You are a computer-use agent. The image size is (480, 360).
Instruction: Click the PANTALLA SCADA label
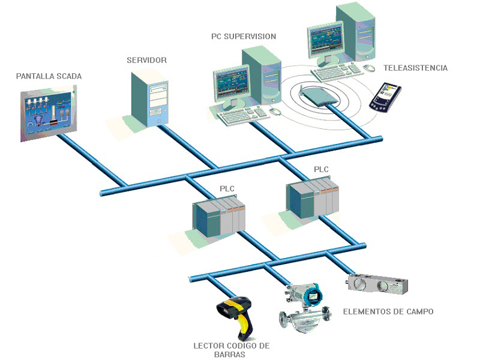click(49, 76)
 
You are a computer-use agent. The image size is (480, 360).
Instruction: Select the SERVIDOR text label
click(146, 61)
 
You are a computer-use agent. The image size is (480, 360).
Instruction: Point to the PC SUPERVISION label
click(244, 37)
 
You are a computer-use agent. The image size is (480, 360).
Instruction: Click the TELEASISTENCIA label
click(416, 68)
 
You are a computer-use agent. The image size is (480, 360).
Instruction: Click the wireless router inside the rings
click(318, 94)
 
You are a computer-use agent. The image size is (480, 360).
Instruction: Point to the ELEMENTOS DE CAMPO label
click(388, 311)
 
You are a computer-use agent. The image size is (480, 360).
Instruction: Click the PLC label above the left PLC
click(227, 189)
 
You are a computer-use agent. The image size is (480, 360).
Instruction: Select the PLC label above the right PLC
click(321, 169)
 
